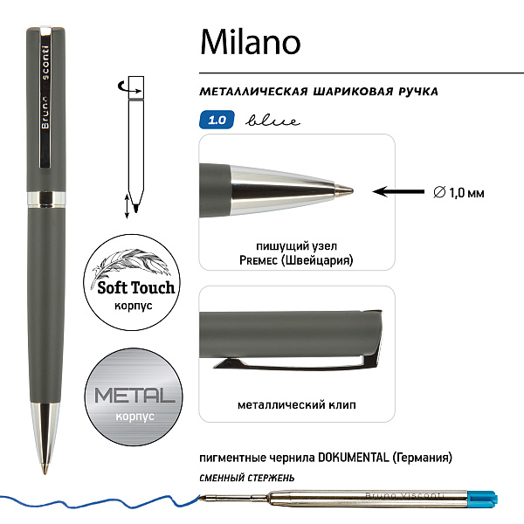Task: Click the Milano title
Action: (250, 42)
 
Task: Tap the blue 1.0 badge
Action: (217, 121)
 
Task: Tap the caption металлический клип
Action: (297, 405)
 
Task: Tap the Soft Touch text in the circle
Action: (129, 286)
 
